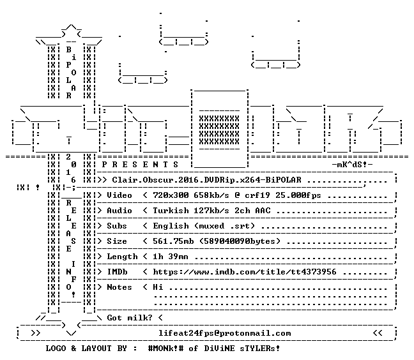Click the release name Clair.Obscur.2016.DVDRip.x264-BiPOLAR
coord(207,180)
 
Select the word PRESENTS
coord(140,165)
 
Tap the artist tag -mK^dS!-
coord(353,165)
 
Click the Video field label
coord(119,195)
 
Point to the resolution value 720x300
coord(171,195)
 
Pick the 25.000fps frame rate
coord(298,195)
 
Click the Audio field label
coord(119,211)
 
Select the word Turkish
coord(171,211)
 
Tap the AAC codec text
coord(263,211)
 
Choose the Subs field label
coord(117,226)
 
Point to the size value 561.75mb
coord(173,241)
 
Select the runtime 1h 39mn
coord(171,257)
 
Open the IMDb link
coord(245,272)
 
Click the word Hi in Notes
coord(158,287)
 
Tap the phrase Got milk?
coord(130,318)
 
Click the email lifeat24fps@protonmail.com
coord(225,333)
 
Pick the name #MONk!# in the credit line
coord(165,349)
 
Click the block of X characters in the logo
coord(219,130)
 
